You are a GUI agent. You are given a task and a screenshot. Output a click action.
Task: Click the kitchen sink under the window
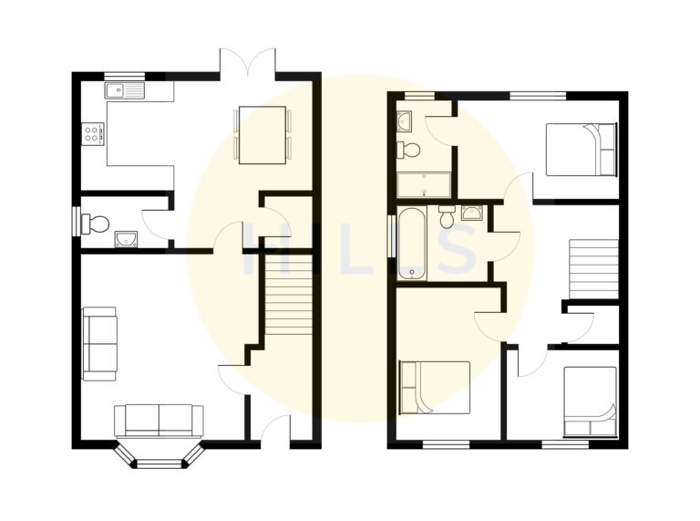[125, 90]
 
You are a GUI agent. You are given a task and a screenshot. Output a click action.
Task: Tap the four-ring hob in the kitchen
[93, 133]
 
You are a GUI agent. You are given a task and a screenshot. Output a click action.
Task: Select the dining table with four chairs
[262, 135]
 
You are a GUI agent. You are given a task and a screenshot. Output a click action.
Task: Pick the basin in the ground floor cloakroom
[126, 240]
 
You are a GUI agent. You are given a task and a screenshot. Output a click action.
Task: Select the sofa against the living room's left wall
[99, 343]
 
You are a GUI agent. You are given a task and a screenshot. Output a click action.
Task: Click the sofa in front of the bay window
[159, 421]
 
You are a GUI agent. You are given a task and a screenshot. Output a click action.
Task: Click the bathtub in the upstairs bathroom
[412, 243]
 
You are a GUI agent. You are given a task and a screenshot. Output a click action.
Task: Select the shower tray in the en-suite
[424, 185]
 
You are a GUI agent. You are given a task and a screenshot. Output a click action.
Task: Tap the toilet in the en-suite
[409, 150]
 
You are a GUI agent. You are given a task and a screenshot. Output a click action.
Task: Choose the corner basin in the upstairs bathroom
[472, 214]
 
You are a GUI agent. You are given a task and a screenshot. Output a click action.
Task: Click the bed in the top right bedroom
[581, 149]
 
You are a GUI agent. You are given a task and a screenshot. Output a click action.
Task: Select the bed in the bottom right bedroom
[590, 401]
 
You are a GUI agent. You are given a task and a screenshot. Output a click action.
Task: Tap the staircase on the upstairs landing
[592, 268]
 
